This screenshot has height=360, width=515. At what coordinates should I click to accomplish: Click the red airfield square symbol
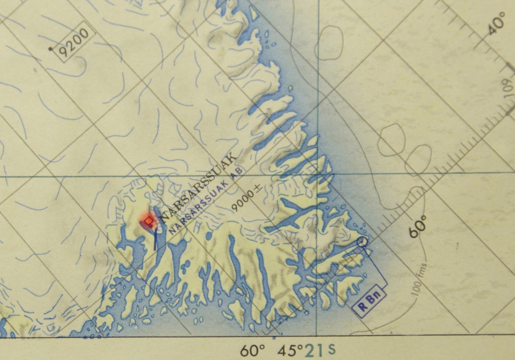pyautogui.click(x=148, y=221)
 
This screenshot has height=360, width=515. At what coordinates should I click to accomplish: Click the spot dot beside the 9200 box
pyautogui.click(x=51, y=49)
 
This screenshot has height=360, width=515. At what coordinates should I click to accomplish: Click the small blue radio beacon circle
pyautogui.click(x=363, y=242)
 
